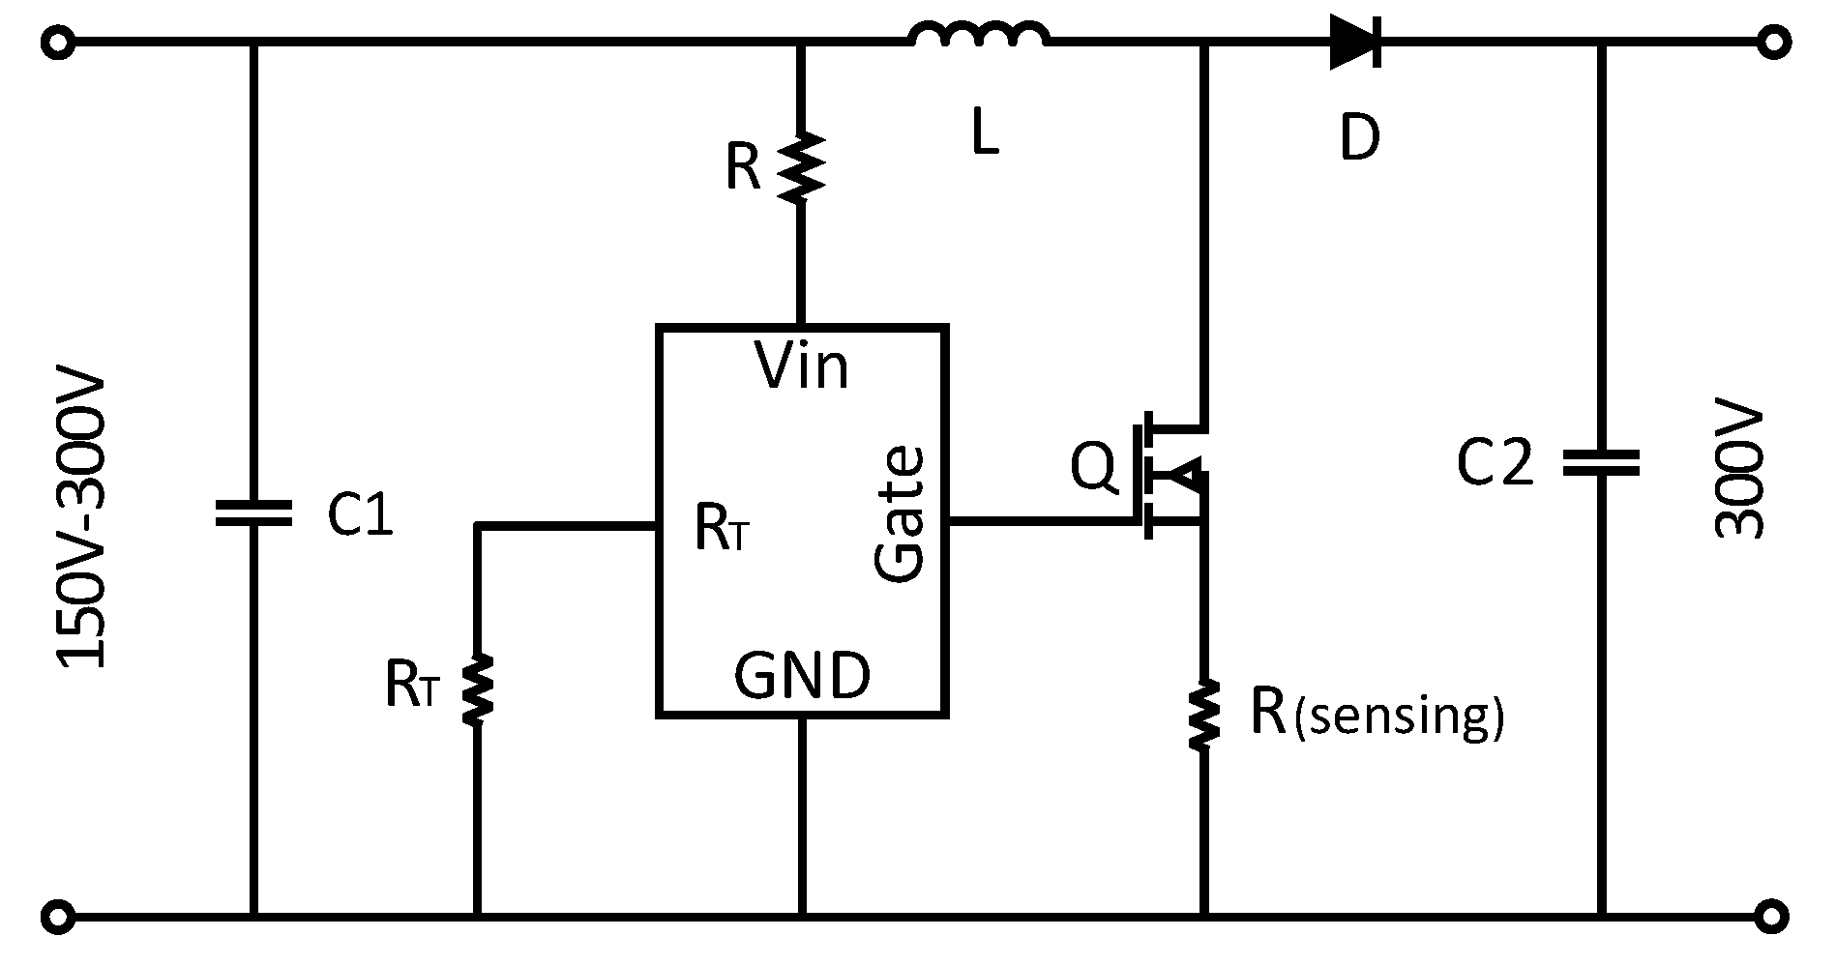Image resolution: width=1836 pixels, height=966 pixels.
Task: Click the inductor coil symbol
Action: pos(979,37)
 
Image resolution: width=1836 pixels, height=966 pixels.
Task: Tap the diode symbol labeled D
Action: pos(1355,43)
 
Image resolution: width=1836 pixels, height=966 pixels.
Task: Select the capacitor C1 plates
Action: pos(253,513)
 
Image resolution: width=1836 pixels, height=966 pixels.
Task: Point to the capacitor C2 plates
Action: pos(1601,462)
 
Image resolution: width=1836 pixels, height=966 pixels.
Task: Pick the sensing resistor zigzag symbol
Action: pos(1204,715)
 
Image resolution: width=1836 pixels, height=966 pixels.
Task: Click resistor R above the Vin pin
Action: pos(802,167)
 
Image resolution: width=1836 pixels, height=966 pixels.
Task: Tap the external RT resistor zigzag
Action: pos(476,688)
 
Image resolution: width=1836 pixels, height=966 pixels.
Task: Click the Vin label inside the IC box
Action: pos(802,367)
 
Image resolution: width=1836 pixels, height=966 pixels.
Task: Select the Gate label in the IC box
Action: pos(901,514)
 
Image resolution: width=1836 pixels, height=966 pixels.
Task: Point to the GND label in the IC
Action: pos(802,675)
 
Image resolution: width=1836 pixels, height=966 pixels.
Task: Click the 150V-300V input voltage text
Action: pos(85,523)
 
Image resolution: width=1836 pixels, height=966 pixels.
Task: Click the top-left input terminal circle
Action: pos(57,44)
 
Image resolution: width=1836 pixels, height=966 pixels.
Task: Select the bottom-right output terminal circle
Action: pos(1775,914)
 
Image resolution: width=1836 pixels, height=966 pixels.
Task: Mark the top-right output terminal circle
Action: pos(1775,44)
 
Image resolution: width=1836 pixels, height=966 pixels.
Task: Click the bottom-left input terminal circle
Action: pos(57,914)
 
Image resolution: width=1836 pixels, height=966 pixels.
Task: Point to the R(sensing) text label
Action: pos(1377,714)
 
